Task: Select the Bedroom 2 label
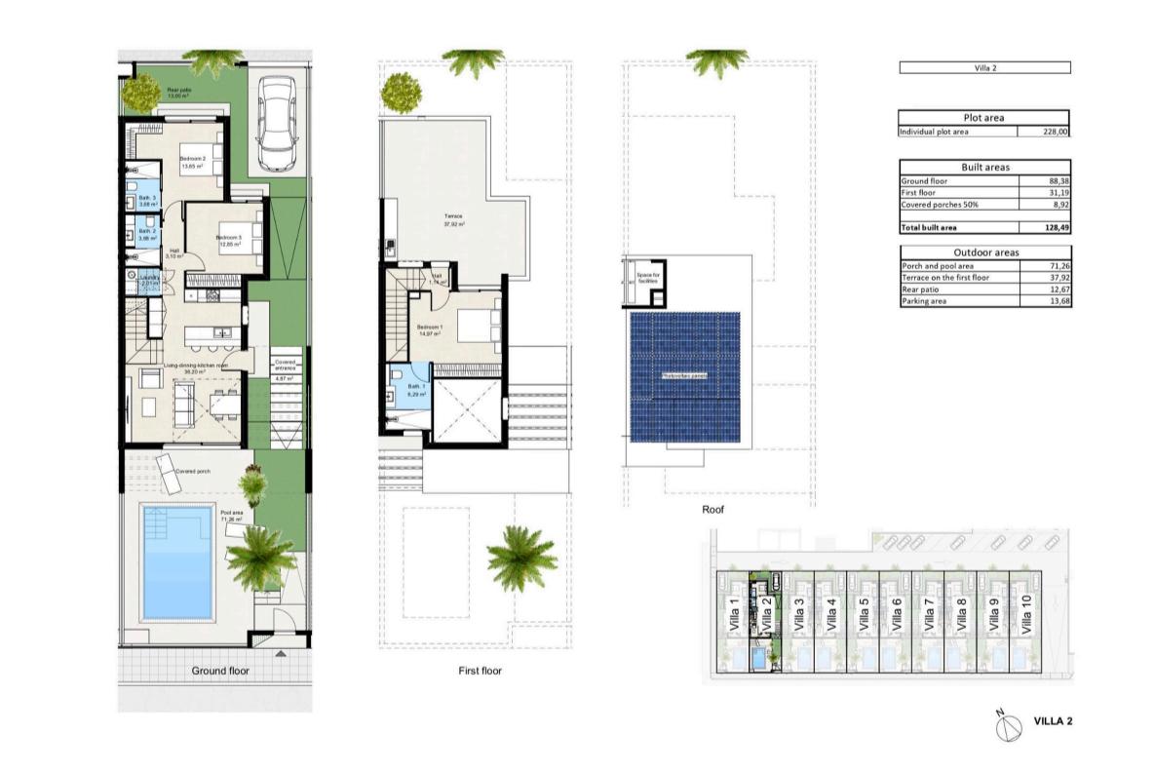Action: (x=191, y=159)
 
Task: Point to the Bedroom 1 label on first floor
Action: (x=430, y=327)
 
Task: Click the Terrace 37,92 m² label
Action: (x=450, y=218)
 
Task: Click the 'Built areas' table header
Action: (x=983, y=168)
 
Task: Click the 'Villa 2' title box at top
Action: (x=983, y=68)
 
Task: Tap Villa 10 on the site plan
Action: (x=1025, y=617)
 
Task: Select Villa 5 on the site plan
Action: (x=864, y=617)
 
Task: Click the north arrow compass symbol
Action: (x=1002, y=722)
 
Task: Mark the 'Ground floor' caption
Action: (x=220, y=671)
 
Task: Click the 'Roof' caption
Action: (x=712, y=509)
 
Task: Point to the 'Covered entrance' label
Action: (x=286, y=366)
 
